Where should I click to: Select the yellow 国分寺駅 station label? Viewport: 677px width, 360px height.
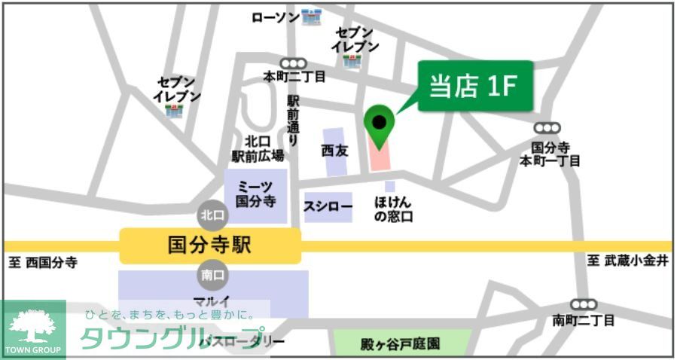tap(210, 245)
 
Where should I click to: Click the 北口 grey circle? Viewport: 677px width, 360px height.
tap(212, 215)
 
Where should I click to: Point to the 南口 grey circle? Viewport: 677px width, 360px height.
tap(212, 275)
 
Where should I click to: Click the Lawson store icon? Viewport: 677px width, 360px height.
tap(311, 16)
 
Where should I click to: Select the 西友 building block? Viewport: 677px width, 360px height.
tap(336, 151)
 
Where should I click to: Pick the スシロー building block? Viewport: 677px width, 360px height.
tap(328, 206)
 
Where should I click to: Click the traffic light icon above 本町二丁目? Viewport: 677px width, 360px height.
tap(294, 64)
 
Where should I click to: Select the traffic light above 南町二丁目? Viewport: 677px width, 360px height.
tap(583, 304)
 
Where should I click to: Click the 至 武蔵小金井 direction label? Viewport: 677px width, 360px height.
tap(627, 261)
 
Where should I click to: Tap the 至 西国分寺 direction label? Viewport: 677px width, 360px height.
tap(43, 263)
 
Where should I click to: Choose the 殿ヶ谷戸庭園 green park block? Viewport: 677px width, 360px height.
tap(402, 343)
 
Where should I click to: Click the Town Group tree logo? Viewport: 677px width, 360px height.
tap(32, 330)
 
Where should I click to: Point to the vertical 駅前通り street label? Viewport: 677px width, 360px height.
tap(294, 121)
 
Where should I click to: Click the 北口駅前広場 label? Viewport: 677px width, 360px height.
tap(257, 148)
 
